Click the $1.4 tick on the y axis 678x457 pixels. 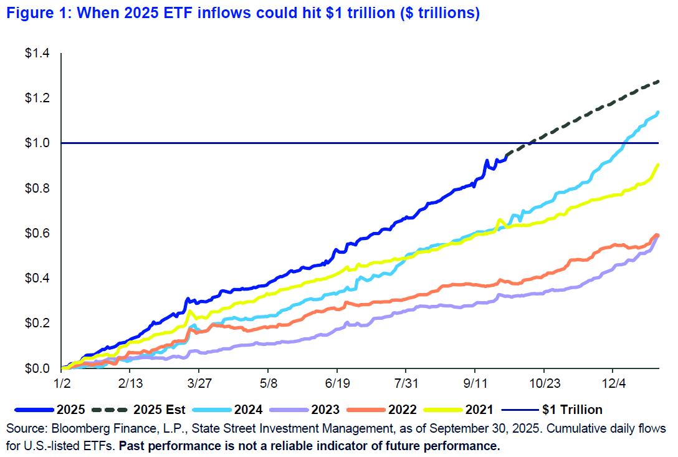point(37,54)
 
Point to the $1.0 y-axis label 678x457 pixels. point(37,143)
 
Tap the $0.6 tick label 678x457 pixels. point(37,233)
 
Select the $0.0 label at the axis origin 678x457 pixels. point(37,368)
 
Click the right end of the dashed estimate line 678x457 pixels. point(659,81)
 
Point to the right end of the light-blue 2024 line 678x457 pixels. point(659,112)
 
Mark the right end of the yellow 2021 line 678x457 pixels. point(659,165)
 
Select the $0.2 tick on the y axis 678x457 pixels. point(37,323)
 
